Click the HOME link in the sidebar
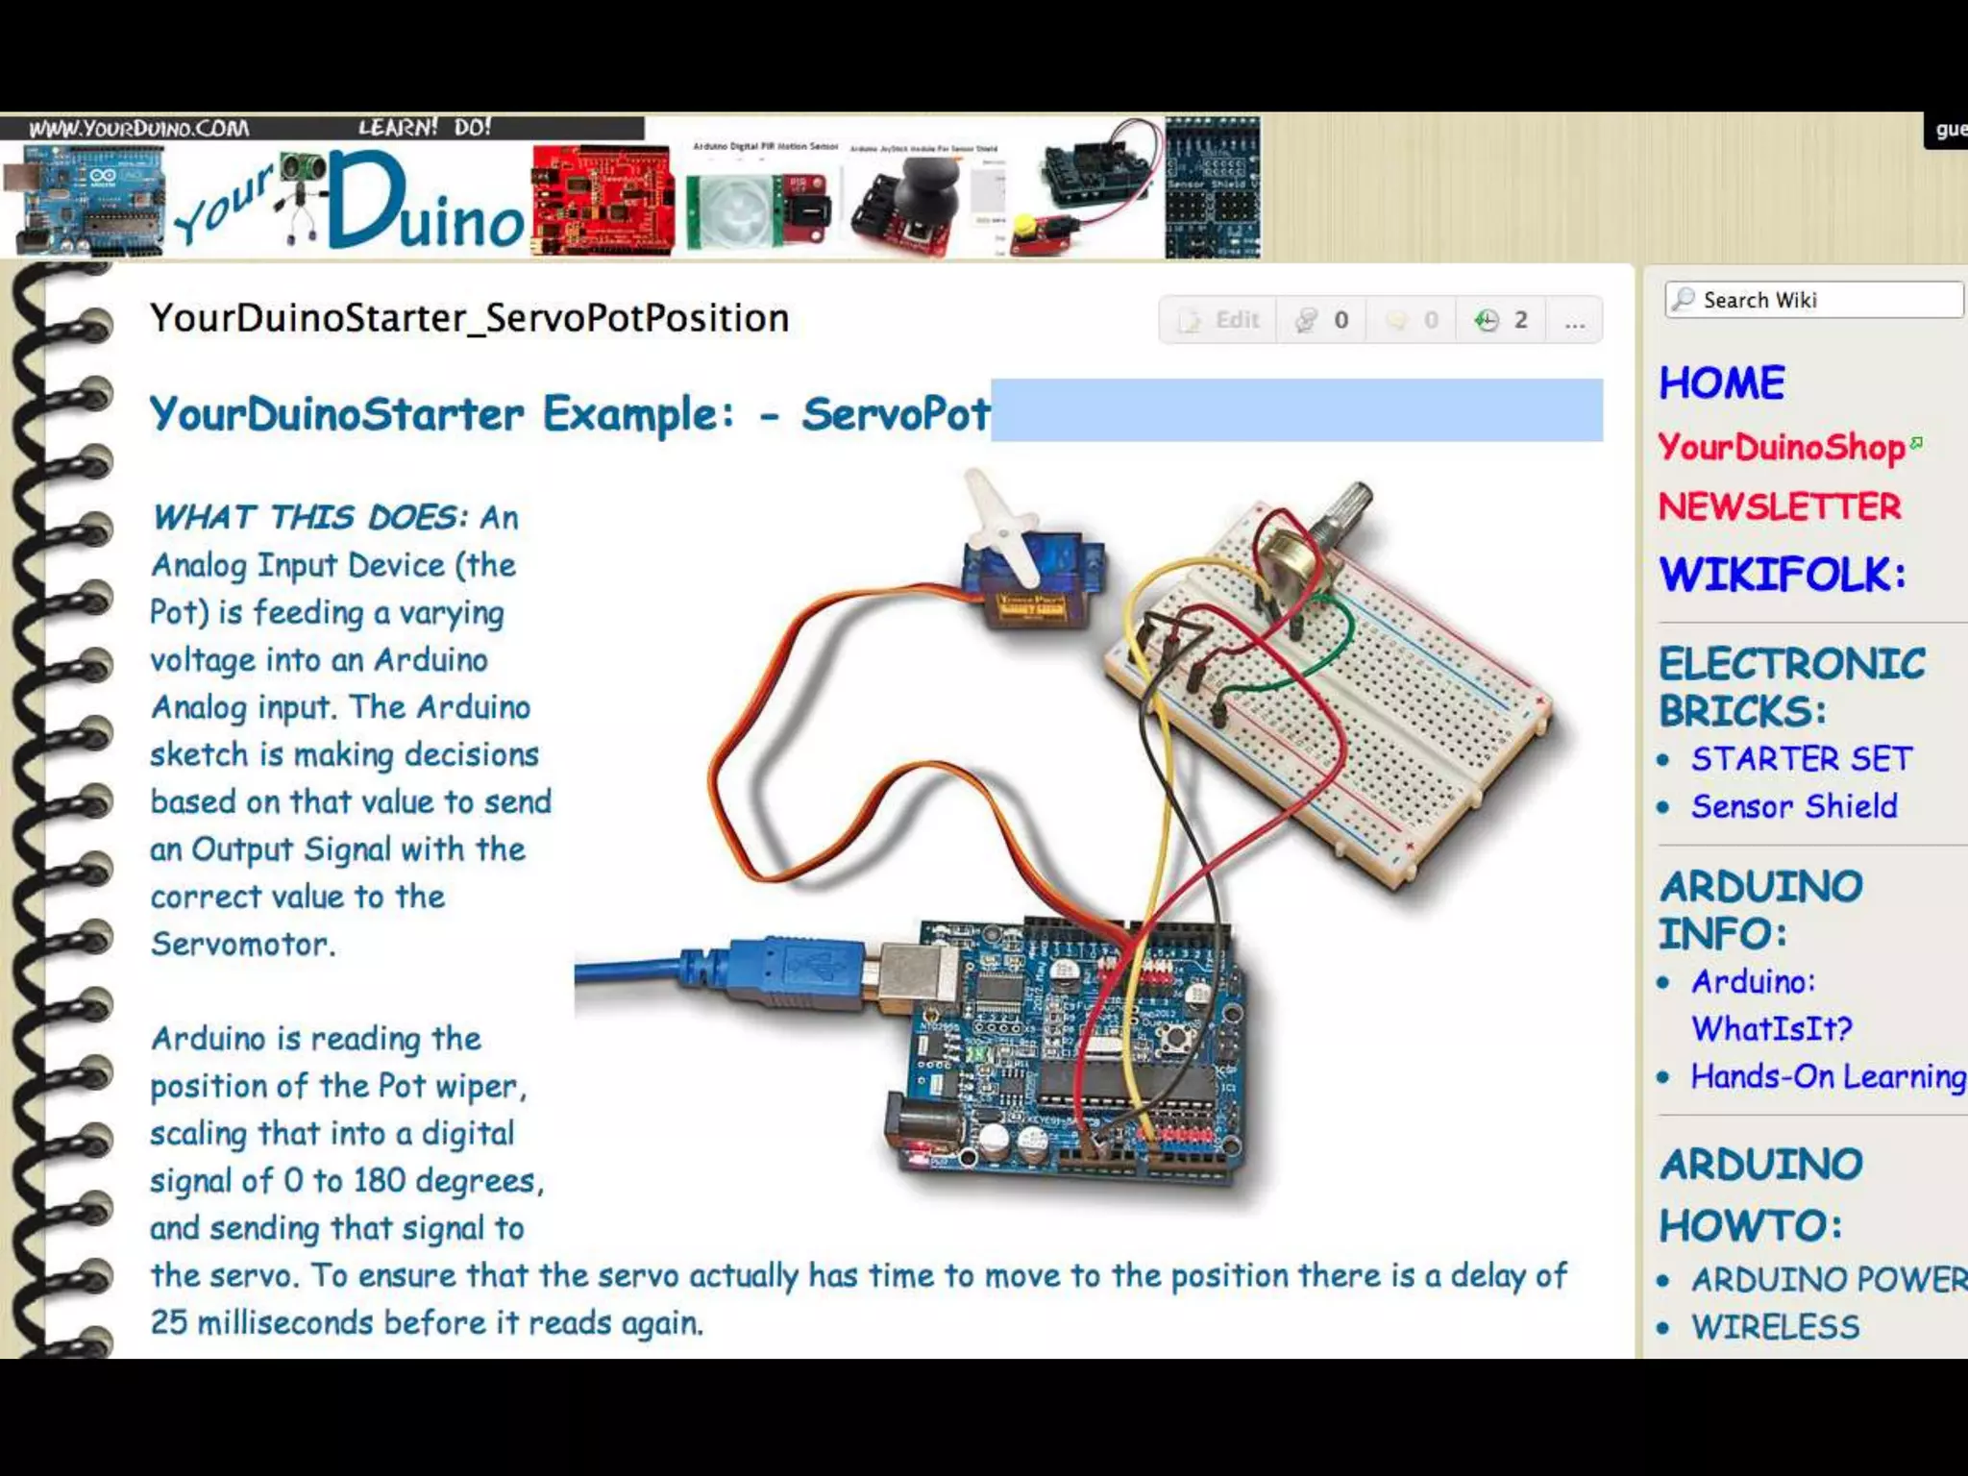pos(1721,383)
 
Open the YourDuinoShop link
pos(1781,447)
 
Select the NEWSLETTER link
pos(1780,507)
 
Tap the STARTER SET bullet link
pos(1801,759)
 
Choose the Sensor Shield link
pos(1794,806)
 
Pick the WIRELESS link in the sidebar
pos(1775,1327)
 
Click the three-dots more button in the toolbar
pos(1574,321)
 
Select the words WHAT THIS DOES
pos(308,518)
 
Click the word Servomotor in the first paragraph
pos(242,945)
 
